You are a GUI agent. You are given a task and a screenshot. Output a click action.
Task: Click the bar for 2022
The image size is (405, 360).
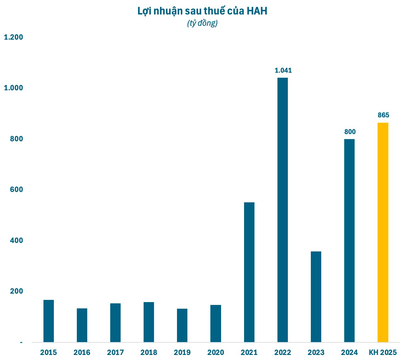coord(282,210)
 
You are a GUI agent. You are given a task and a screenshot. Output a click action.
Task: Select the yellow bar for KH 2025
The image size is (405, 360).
coord(383,232)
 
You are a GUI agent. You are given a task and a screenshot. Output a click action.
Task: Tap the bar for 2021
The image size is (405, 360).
coord(249,272)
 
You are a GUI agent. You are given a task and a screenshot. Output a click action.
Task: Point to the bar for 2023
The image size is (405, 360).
coord(316,297)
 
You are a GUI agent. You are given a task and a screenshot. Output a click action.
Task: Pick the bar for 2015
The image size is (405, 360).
coord(48,321)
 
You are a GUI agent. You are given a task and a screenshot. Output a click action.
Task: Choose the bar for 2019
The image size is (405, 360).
coord(182,325)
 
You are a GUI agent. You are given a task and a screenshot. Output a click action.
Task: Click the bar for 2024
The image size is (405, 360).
coord(349,240)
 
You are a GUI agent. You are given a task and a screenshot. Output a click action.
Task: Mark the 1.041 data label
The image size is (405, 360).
coord(283,70)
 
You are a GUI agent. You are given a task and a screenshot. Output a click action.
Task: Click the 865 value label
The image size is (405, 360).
coord(383,115)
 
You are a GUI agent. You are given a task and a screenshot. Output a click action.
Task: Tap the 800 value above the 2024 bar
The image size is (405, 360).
coord(350,132)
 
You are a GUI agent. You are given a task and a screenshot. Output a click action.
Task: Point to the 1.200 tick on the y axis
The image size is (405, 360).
coord(13,37)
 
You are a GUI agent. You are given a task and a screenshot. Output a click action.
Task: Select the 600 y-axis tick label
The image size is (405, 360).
coord(16,189)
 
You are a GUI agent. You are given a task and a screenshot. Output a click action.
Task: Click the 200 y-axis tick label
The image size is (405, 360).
coord(16,291)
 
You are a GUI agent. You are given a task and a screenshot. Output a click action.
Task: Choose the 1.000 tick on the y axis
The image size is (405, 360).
coord(13,88)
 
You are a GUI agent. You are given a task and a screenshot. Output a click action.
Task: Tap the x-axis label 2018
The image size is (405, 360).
coord(149,352)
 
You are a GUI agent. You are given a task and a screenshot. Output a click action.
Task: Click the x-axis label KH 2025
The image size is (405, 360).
coord(383,352)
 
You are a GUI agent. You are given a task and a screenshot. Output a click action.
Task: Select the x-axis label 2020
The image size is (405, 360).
coord(216,352)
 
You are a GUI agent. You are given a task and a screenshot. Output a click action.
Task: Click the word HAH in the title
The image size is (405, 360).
coord(257,11)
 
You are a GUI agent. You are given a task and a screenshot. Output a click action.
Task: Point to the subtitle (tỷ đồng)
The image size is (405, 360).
coord(202,23)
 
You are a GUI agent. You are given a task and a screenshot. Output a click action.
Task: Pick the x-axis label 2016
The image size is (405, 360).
coord(82,352)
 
